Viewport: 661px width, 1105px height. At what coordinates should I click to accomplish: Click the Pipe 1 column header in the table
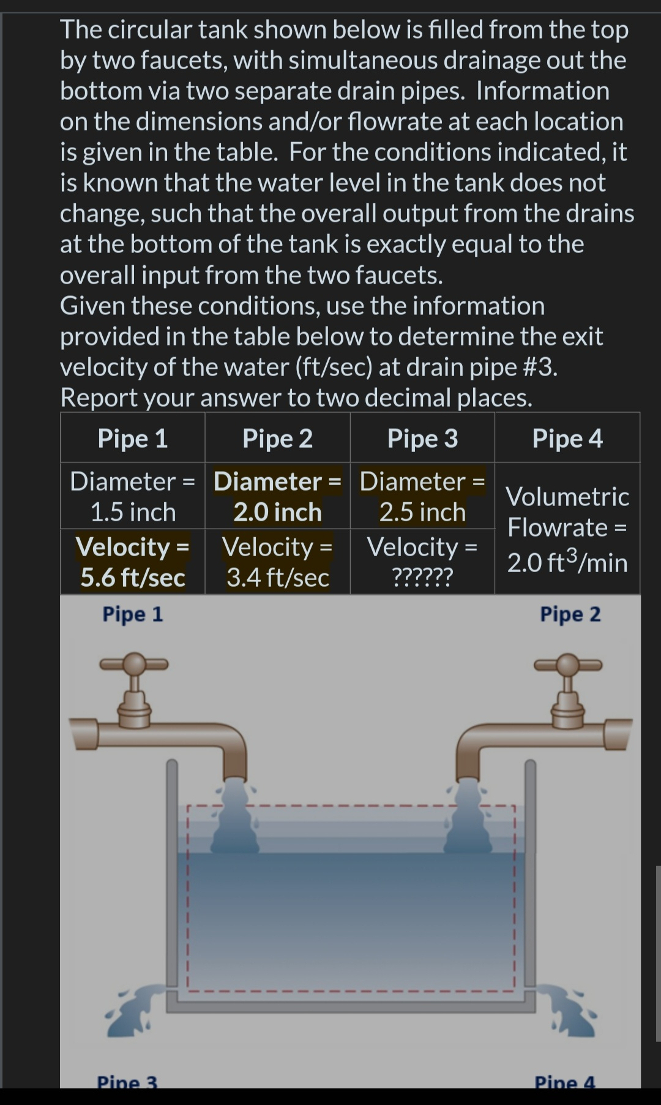133,439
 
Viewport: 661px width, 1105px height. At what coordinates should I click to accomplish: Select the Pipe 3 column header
422,439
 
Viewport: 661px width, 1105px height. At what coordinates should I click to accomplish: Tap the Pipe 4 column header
567,439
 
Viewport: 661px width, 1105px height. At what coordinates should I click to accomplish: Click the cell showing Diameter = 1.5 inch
133,496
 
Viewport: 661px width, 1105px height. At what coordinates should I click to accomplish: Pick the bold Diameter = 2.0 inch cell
277,496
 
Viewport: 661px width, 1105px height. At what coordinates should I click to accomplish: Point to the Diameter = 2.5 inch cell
422,496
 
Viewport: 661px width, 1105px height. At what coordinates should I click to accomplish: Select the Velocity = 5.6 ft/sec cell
133,562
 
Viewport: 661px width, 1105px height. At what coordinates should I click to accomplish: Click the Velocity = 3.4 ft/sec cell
277,562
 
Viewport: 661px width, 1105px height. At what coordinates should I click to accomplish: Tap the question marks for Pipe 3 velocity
422,577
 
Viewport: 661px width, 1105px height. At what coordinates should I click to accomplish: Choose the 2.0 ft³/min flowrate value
567,563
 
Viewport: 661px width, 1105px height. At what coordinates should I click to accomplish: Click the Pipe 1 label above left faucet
133,614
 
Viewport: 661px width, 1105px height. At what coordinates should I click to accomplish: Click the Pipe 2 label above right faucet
570,614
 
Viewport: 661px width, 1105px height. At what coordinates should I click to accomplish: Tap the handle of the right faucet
568,664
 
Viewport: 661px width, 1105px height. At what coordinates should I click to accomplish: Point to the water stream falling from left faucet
234,818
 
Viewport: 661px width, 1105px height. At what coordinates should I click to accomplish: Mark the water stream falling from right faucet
468,818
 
